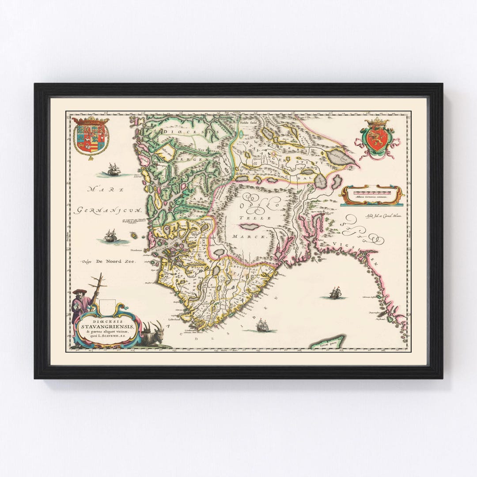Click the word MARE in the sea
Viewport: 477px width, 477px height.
99,189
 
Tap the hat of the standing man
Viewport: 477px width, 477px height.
79,291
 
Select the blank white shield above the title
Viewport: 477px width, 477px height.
107,305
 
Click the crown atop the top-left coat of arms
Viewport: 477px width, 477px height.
91,120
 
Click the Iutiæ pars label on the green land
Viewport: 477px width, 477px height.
327,342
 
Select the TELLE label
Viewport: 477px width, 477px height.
249,218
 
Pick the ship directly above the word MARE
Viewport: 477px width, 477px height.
114,169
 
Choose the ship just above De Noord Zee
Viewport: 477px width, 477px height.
111,236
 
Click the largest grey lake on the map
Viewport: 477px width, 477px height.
341,155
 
